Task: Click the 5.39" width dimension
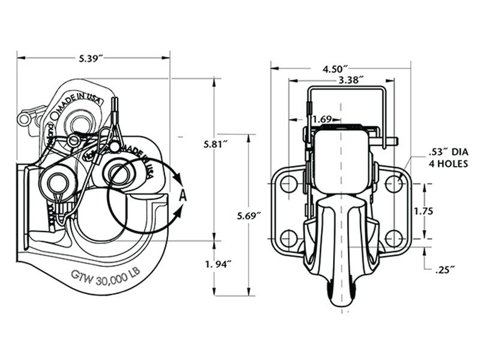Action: (x=91, y=58)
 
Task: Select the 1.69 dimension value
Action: (x=323, y=119)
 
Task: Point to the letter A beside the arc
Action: (x=183, y=194)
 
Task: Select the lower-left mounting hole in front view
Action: (x=289, y=238)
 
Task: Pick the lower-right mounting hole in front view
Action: (x=394, y=238)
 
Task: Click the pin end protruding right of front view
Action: (x=392, y=142)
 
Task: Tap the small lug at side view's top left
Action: (x=25, y=118)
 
